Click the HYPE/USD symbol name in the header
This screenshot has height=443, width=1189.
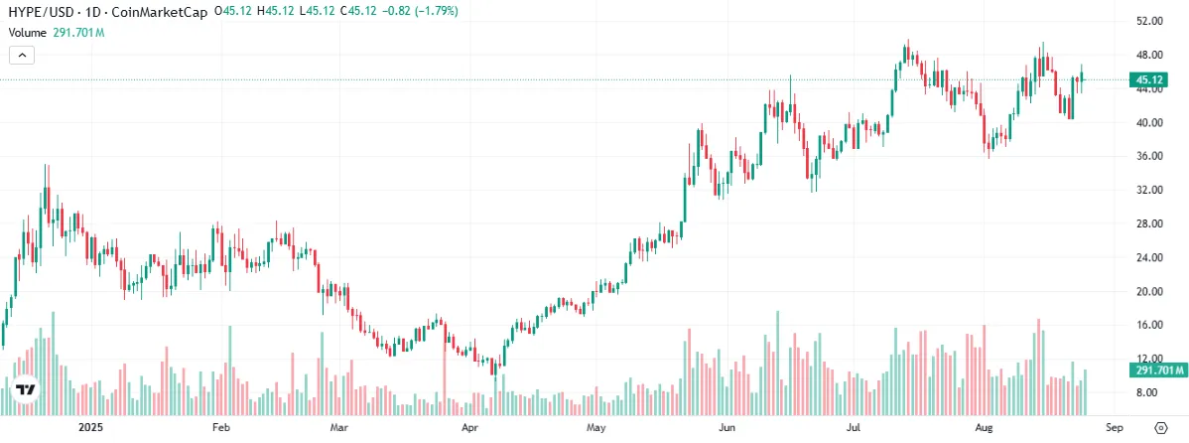tap(40, 13)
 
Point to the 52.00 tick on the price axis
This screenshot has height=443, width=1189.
tap(1149, 21)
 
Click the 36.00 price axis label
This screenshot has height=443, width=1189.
tap(1149, 156)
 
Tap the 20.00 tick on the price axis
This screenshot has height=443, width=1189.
tap(1149, 291)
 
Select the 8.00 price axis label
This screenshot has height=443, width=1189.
tap(1149, 392)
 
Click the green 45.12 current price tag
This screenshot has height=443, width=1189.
tap(1149, 79)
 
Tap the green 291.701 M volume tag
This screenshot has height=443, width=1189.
tap(1157, 370)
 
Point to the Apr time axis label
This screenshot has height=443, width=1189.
tap(470, 428)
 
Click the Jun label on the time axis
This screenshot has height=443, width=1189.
tap(727, 428)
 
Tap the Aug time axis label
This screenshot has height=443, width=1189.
tap(984, 428)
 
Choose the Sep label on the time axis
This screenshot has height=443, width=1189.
tap(1114, 428)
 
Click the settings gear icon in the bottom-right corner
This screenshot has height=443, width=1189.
tap(1160, 428)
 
